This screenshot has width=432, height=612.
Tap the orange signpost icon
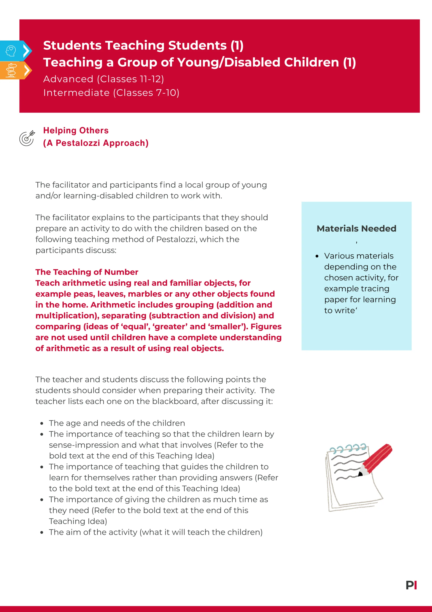point(11,70)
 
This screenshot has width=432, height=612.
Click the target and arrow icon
point(27,138)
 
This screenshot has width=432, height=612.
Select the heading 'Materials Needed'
point(356,228)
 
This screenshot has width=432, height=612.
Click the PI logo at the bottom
point(411,585)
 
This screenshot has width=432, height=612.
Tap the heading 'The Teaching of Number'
point(87,272)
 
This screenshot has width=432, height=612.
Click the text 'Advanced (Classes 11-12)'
point(103,79)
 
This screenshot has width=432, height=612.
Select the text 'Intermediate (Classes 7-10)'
point(111,93)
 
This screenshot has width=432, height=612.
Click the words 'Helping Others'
point(76,130)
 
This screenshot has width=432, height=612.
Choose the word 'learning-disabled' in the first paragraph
point(98,196)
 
